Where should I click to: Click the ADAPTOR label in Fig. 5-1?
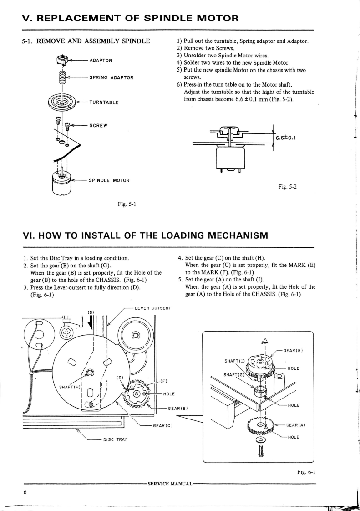click(101, 61)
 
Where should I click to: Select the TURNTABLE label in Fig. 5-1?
click(105, 102)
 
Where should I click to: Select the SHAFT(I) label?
click(235, 361)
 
